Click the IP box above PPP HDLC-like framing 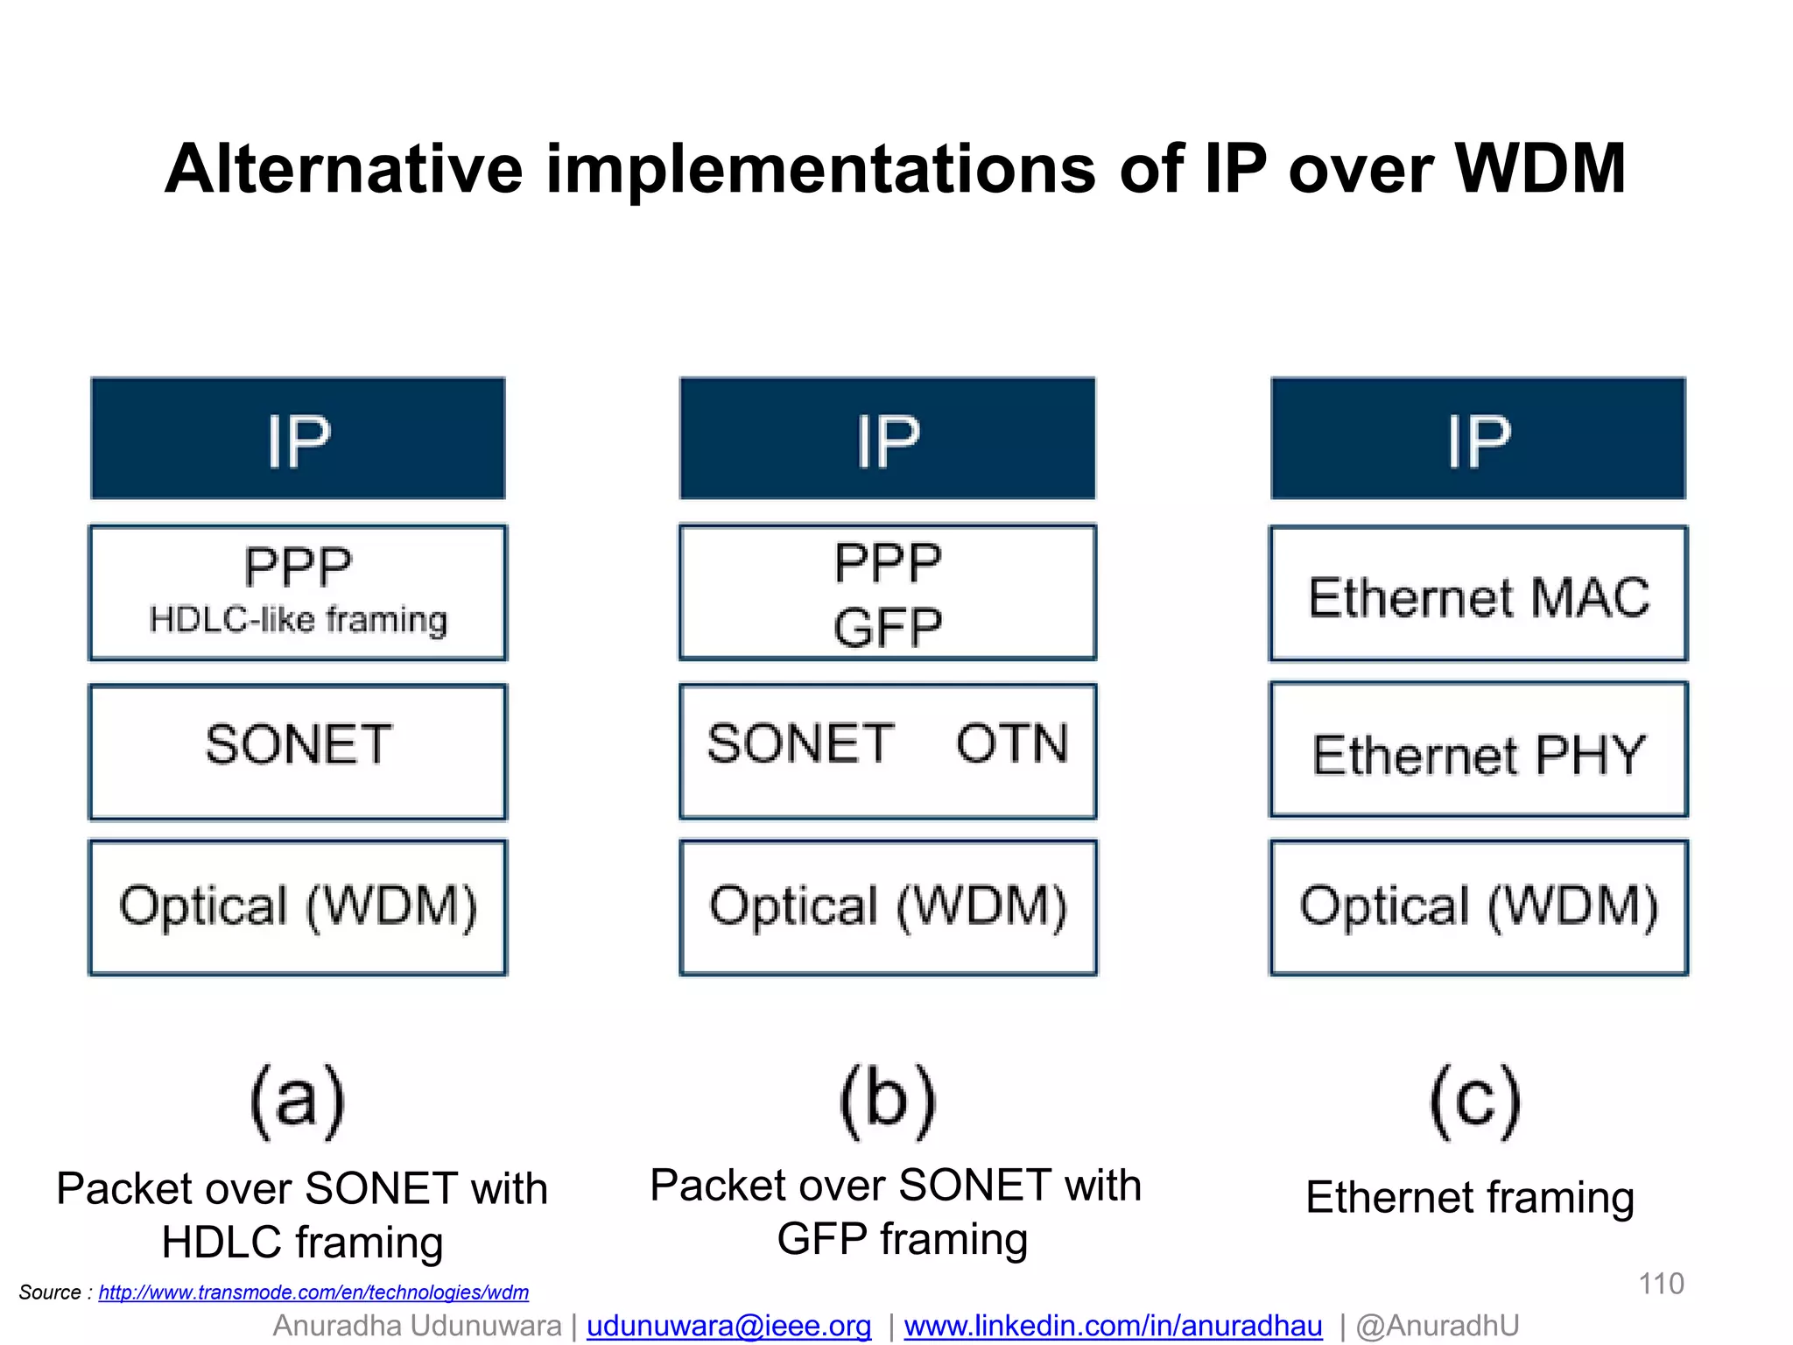point(298,439)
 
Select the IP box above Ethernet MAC point(1478,439)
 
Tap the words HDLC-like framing point(298,620)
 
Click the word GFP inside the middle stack point(887,627)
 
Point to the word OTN point(1011,743)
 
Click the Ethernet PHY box point(1478,751)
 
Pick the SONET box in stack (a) point(298,751)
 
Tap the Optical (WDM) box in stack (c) point(1478,907)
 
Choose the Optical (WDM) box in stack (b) point(888,907)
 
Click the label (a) point(298,1102)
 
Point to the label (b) point(887,1102)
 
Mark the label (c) point(1475,1102)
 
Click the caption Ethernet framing point(1470,1197)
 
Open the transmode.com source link point(313,1292)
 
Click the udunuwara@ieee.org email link point(728,1326)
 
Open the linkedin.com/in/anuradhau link point(1113,1326)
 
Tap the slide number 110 point(1660,1284)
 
